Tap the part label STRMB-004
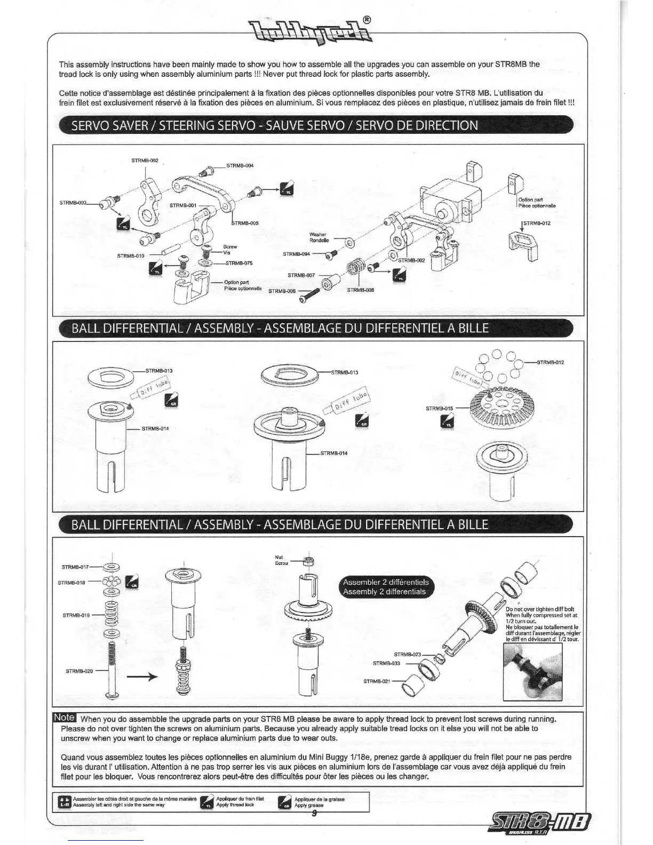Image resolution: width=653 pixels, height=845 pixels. coord(240,165)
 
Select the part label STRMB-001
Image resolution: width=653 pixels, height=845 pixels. coord(183,205)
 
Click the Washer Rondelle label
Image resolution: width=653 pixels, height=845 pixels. coord(318,237)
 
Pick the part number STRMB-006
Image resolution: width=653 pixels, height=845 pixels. coord(282,291)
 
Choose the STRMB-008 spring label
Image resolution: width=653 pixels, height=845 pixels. coord(361,290)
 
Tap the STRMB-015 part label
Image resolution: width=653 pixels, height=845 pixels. coord(439,409)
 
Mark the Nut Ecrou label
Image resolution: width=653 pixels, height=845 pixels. coord(281,560)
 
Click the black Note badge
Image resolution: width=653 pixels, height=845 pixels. coord(65,718)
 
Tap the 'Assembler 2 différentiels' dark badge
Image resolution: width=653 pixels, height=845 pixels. coord(386,587)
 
